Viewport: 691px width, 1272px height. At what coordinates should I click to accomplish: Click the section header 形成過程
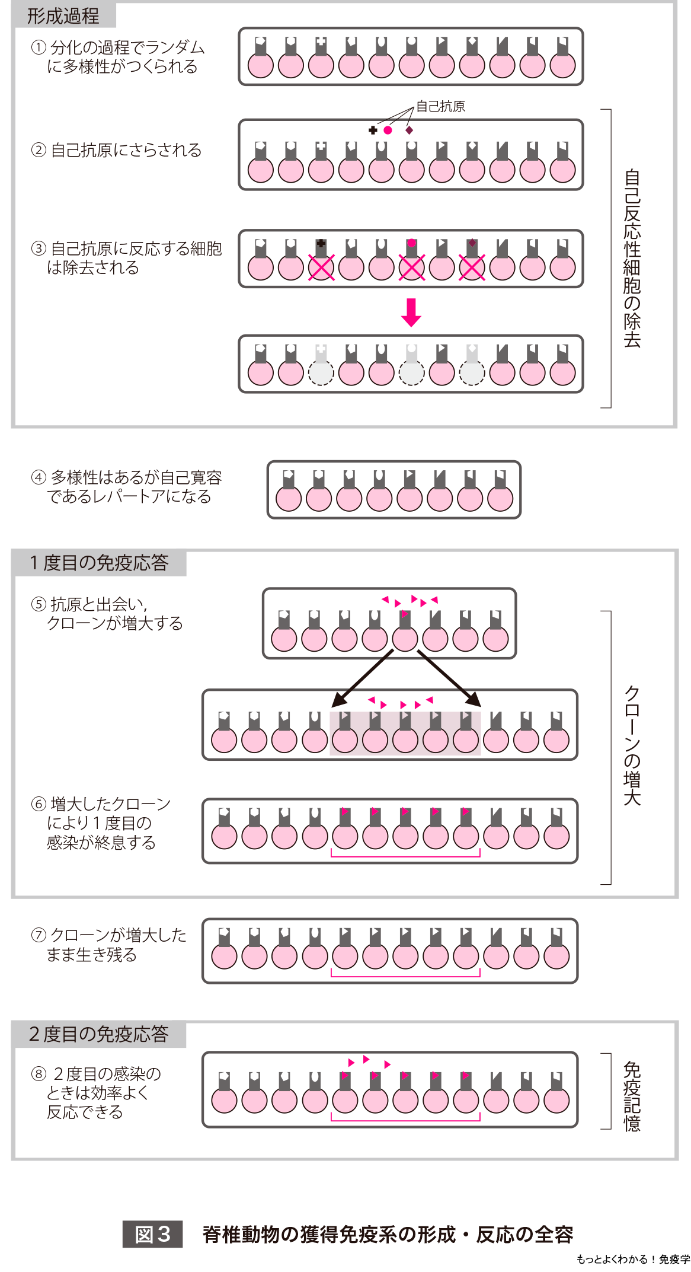[63, 16]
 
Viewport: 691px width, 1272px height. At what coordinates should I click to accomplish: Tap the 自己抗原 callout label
[440, 107]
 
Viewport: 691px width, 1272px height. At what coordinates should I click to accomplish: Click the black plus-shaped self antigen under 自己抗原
[373, 130]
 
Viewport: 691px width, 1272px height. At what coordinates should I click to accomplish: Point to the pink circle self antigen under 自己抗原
[388, 130]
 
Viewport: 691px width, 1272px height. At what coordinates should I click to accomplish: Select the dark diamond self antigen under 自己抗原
[409, 130]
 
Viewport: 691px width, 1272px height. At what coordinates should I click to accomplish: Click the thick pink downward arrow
[411, 312]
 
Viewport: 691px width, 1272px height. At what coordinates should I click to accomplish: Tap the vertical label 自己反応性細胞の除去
[632, 258]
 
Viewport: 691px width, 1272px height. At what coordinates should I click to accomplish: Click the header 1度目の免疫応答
[100, 563]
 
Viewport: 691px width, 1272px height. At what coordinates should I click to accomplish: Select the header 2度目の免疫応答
[99, 1034]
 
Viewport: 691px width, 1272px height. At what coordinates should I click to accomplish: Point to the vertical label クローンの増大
[632, 745]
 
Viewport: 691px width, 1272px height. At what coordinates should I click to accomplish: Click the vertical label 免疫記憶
[632, 1096]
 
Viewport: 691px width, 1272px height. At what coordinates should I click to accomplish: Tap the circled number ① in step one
[39, 47]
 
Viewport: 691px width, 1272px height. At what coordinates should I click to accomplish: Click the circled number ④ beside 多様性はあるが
[39, 477]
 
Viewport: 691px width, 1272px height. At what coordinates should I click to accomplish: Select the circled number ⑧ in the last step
[39, 1074]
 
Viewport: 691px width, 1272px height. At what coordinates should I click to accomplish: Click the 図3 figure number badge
[152, 1234]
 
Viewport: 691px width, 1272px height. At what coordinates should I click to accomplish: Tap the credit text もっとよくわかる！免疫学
[633, 1258]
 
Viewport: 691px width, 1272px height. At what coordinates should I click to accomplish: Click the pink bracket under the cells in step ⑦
[405, 975]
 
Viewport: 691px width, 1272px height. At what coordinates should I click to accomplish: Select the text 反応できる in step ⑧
[85, 1112]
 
